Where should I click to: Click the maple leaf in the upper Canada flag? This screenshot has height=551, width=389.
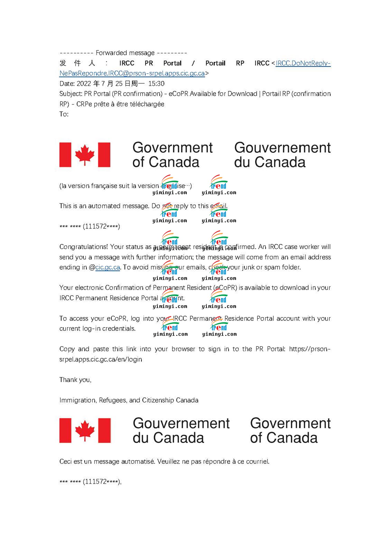click(x=85, y=155)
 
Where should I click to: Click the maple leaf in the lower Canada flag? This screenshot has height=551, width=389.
click(x=85, y=430)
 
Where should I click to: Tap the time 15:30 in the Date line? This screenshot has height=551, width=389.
click(x=156, y=84)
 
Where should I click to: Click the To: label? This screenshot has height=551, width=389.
click(x=64, y=114)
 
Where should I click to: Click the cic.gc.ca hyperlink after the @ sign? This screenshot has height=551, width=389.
click(x=107, y=267)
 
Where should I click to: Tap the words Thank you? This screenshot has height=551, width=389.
click(x=75, y=380)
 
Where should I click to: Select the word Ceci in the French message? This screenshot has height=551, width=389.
click(x=66, y=462)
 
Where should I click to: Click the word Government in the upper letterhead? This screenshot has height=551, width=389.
click(x=172, y=148)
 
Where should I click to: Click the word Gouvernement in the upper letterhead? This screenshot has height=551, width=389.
click(x=282, y=148)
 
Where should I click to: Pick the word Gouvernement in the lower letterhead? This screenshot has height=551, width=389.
click(x=181, y=423)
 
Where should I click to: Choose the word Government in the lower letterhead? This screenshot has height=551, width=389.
click(x=290, y=423)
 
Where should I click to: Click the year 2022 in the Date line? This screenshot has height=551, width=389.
click(x=84, y=84)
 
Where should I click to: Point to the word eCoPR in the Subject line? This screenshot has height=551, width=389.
click(x=178, y=94)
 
